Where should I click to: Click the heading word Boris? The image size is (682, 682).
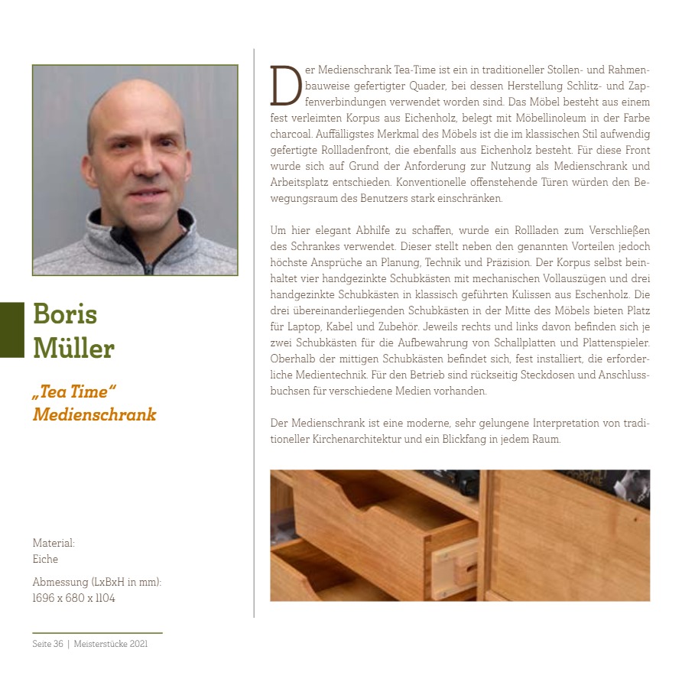tap(65, 313)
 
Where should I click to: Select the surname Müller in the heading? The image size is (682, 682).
tap(73, 348)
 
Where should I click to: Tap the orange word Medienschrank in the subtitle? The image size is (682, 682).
tap(94, 415)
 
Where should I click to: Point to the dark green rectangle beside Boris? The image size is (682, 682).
tap(12, 330)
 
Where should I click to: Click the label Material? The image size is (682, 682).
tap(54, 543)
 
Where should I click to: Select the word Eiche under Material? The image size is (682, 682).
tap(45, 559)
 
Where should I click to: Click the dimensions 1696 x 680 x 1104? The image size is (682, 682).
tap(73, 598)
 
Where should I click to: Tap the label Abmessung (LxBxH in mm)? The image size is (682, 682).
tap(96, 582)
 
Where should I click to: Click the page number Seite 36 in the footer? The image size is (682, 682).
tap(47, 644)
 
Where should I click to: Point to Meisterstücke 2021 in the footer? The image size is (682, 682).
tap(111, 644)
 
